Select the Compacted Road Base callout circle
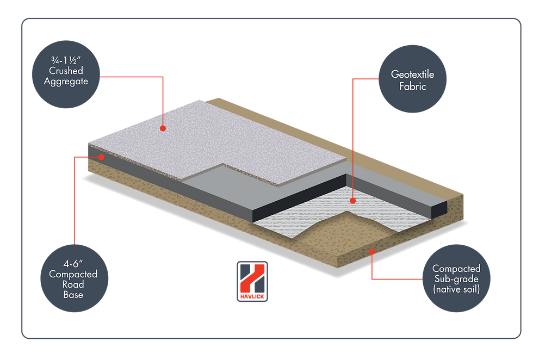73,279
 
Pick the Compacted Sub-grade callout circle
456,278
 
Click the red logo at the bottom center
252,281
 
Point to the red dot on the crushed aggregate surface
162,128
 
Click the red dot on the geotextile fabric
352,201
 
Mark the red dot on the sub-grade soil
372,251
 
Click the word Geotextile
413,75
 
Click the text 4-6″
73,264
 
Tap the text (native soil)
456,288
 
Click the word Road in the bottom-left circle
73,284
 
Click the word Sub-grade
456,278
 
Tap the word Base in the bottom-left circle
73,294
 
